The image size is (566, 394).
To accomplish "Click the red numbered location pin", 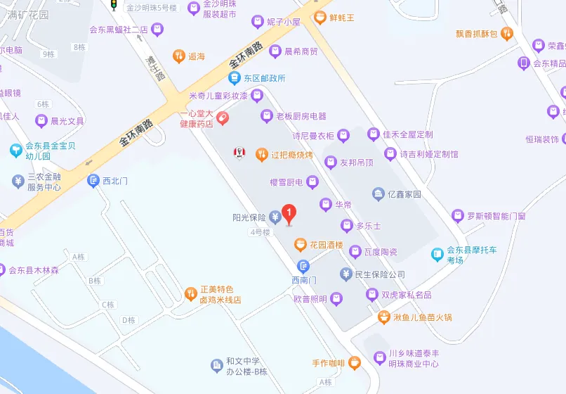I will pos(288,212).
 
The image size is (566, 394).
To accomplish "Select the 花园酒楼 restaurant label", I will pos(328,245).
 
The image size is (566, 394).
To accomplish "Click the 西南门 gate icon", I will pos(303,266).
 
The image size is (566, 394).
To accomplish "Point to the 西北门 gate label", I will pos(115,181).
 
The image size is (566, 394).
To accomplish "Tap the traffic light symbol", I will pos(113,5).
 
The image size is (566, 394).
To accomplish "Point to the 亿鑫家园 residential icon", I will pos(379,193).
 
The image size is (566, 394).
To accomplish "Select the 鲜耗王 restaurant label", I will pos(343,16).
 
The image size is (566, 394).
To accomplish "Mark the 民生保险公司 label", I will pos(380,274).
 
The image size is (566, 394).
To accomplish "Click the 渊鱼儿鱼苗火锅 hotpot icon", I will pos(384,317).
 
